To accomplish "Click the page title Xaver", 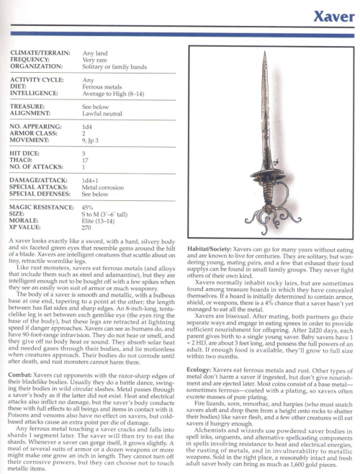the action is [331, 15].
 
